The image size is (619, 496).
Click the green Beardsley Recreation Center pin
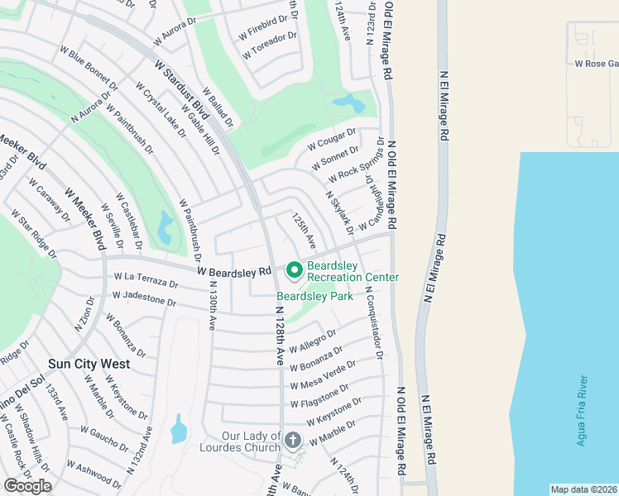[x=294, y=270]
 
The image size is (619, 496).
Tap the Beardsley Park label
[x=314, y=296]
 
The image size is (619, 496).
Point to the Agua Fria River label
[x=583, y=411]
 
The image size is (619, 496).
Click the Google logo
[x=27, y=486]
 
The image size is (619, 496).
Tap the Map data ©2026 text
[x=583, y=489]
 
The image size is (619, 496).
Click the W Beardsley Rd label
[x=234, y=270]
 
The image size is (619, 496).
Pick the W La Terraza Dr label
[x=146, y=279]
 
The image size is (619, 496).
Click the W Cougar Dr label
[x=331, y=139]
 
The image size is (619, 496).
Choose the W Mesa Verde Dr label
[x=323, y=375]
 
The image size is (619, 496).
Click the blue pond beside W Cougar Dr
[x=348, y=103]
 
